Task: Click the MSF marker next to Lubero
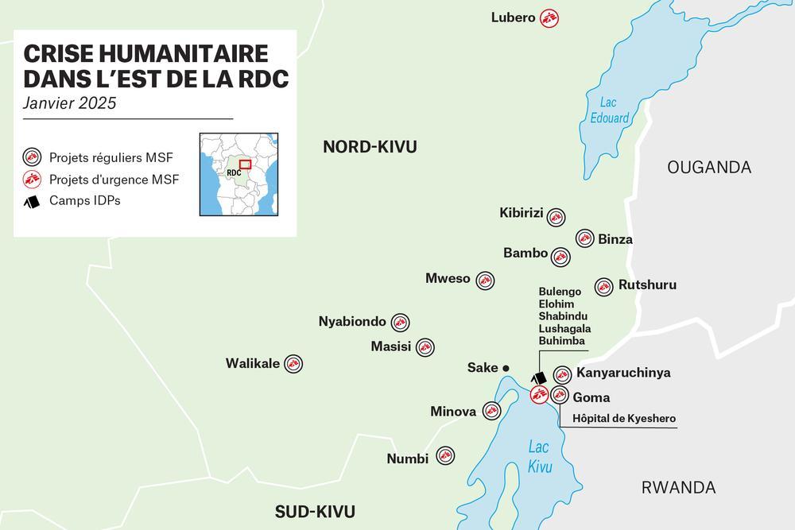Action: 549,17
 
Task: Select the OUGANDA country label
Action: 709,167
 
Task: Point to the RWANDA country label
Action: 678,487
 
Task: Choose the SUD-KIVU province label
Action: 315,511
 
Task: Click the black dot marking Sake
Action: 506,368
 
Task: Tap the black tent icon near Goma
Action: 539,378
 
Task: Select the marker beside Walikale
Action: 293,364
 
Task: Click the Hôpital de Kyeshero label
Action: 624,418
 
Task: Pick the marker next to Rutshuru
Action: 603,286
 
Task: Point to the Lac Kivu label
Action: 540,457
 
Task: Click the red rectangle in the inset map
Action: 245,164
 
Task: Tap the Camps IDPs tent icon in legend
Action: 32,201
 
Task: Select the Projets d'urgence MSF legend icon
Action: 32,179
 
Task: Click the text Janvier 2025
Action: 70,103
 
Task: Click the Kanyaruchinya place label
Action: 623,373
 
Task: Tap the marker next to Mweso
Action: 485,280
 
